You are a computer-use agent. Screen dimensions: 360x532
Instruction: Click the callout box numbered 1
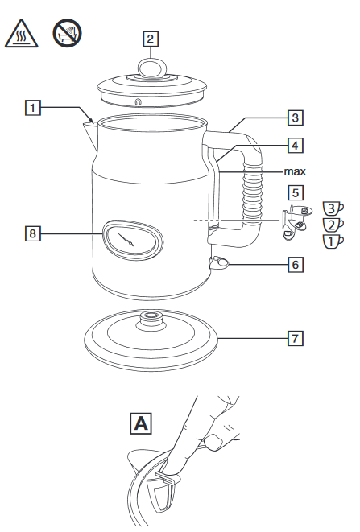(32, 108)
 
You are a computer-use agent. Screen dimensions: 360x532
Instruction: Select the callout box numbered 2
(151, 39)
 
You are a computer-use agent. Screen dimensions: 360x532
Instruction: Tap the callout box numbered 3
(295, 118)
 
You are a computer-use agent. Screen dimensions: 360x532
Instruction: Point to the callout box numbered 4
(295, 145)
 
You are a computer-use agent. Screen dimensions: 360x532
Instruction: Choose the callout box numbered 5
(295, 192)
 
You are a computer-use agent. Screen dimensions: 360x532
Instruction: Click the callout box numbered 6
(295, 264)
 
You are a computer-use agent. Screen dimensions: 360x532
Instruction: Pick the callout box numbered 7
(295, 338)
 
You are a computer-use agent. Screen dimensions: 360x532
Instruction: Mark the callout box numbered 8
(32, 233)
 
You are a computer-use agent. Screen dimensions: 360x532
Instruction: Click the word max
(295, 171)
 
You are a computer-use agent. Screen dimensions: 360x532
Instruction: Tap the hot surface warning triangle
(22, 34)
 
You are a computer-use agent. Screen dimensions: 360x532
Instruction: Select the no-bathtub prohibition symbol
(67, 33)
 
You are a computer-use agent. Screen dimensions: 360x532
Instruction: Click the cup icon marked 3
(333, 208)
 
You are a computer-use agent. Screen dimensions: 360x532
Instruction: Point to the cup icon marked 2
(333, 225)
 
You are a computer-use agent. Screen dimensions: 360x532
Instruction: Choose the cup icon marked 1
(333, 241)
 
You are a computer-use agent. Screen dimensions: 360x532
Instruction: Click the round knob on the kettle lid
(151, 68)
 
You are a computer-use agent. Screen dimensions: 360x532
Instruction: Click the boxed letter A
(141, 423)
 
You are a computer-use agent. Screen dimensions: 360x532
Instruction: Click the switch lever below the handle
(219, 262)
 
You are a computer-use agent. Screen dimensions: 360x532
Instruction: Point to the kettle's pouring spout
(90, 135)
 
